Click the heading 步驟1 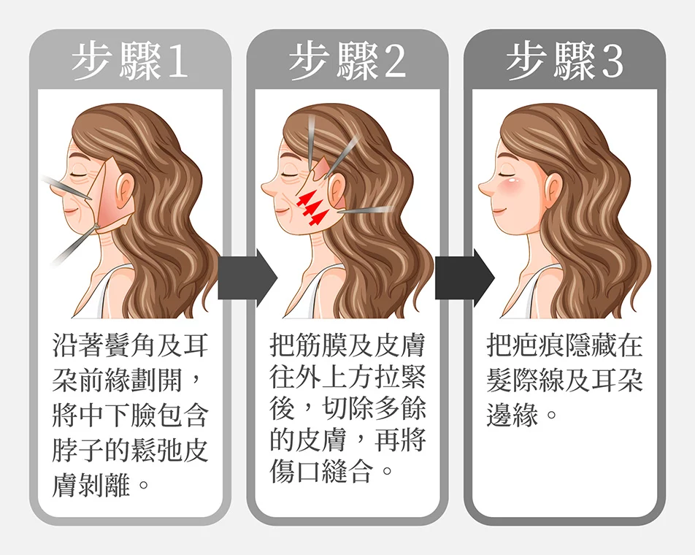click(x=130, y=61)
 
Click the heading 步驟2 click(x=347, y=61)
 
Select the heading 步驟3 click(x=564, y=61)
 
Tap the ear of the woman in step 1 click(x=123, y=189)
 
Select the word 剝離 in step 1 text click(x=104, y=486)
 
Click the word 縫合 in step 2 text click(x=347, y=471)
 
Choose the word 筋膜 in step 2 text click(x=321, y=345)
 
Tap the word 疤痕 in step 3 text click(x=539, y=345)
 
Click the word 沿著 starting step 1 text click(x=78, y=345)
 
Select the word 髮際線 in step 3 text click(x=525, y=380)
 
